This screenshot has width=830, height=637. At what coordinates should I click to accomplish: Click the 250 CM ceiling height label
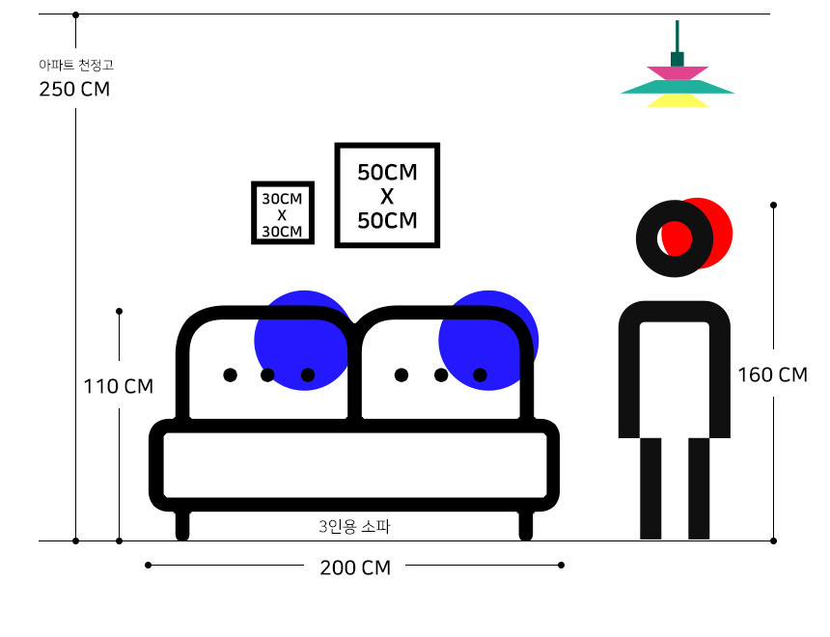click(74, 90)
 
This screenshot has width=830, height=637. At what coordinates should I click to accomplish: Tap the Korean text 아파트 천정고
click(75, 66)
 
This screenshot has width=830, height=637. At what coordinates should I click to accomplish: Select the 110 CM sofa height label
click(118, 386)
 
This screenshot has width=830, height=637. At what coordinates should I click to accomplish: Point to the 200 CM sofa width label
click(355, 568)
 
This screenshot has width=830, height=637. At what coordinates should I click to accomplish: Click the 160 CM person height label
click(772, 374)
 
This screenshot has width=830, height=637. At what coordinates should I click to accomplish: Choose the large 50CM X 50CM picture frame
click(387, 196)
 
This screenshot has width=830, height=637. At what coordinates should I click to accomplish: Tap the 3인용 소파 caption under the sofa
click(353, 527)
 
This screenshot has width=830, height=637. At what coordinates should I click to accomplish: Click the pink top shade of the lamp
click(678, 72)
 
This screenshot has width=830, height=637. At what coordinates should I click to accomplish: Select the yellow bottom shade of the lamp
click(678, 100)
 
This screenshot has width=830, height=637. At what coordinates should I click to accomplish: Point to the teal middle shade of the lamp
click(678, 87)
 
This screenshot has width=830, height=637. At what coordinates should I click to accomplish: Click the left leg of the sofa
click(182, 525)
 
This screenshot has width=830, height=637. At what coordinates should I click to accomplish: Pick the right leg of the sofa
click(526, 525)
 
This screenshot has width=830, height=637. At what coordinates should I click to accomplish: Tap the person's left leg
click(651, 487)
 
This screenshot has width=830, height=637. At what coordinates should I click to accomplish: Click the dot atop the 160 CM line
click(773, 205)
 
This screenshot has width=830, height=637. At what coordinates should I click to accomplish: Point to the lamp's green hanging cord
click(678, 35)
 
